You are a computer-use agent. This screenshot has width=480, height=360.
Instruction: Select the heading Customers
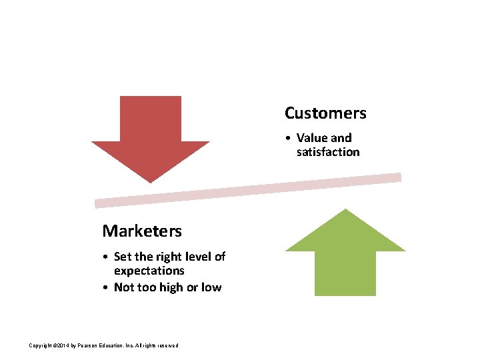pos(325,113)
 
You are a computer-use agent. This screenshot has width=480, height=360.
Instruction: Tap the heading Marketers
pos(141,231)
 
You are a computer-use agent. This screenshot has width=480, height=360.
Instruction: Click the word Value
pos(312,138)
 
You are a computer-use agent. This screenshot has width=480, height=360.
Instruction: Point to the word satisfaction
pos(328,152)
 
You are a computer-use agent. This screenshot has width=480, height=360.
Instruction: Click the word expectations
pos(149,271)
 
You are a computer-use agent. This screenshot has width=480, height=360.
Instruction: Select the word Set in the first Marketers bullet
pos(123,257)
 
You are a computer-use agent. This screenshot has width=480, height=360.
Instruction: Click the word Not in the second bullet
pos(124,287)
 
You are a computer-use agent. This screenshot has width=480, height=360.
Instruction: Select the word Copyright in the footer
pos(41,345)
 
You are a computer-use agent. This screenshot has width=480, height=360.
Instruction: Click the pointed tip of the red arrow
pos(151,181)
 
